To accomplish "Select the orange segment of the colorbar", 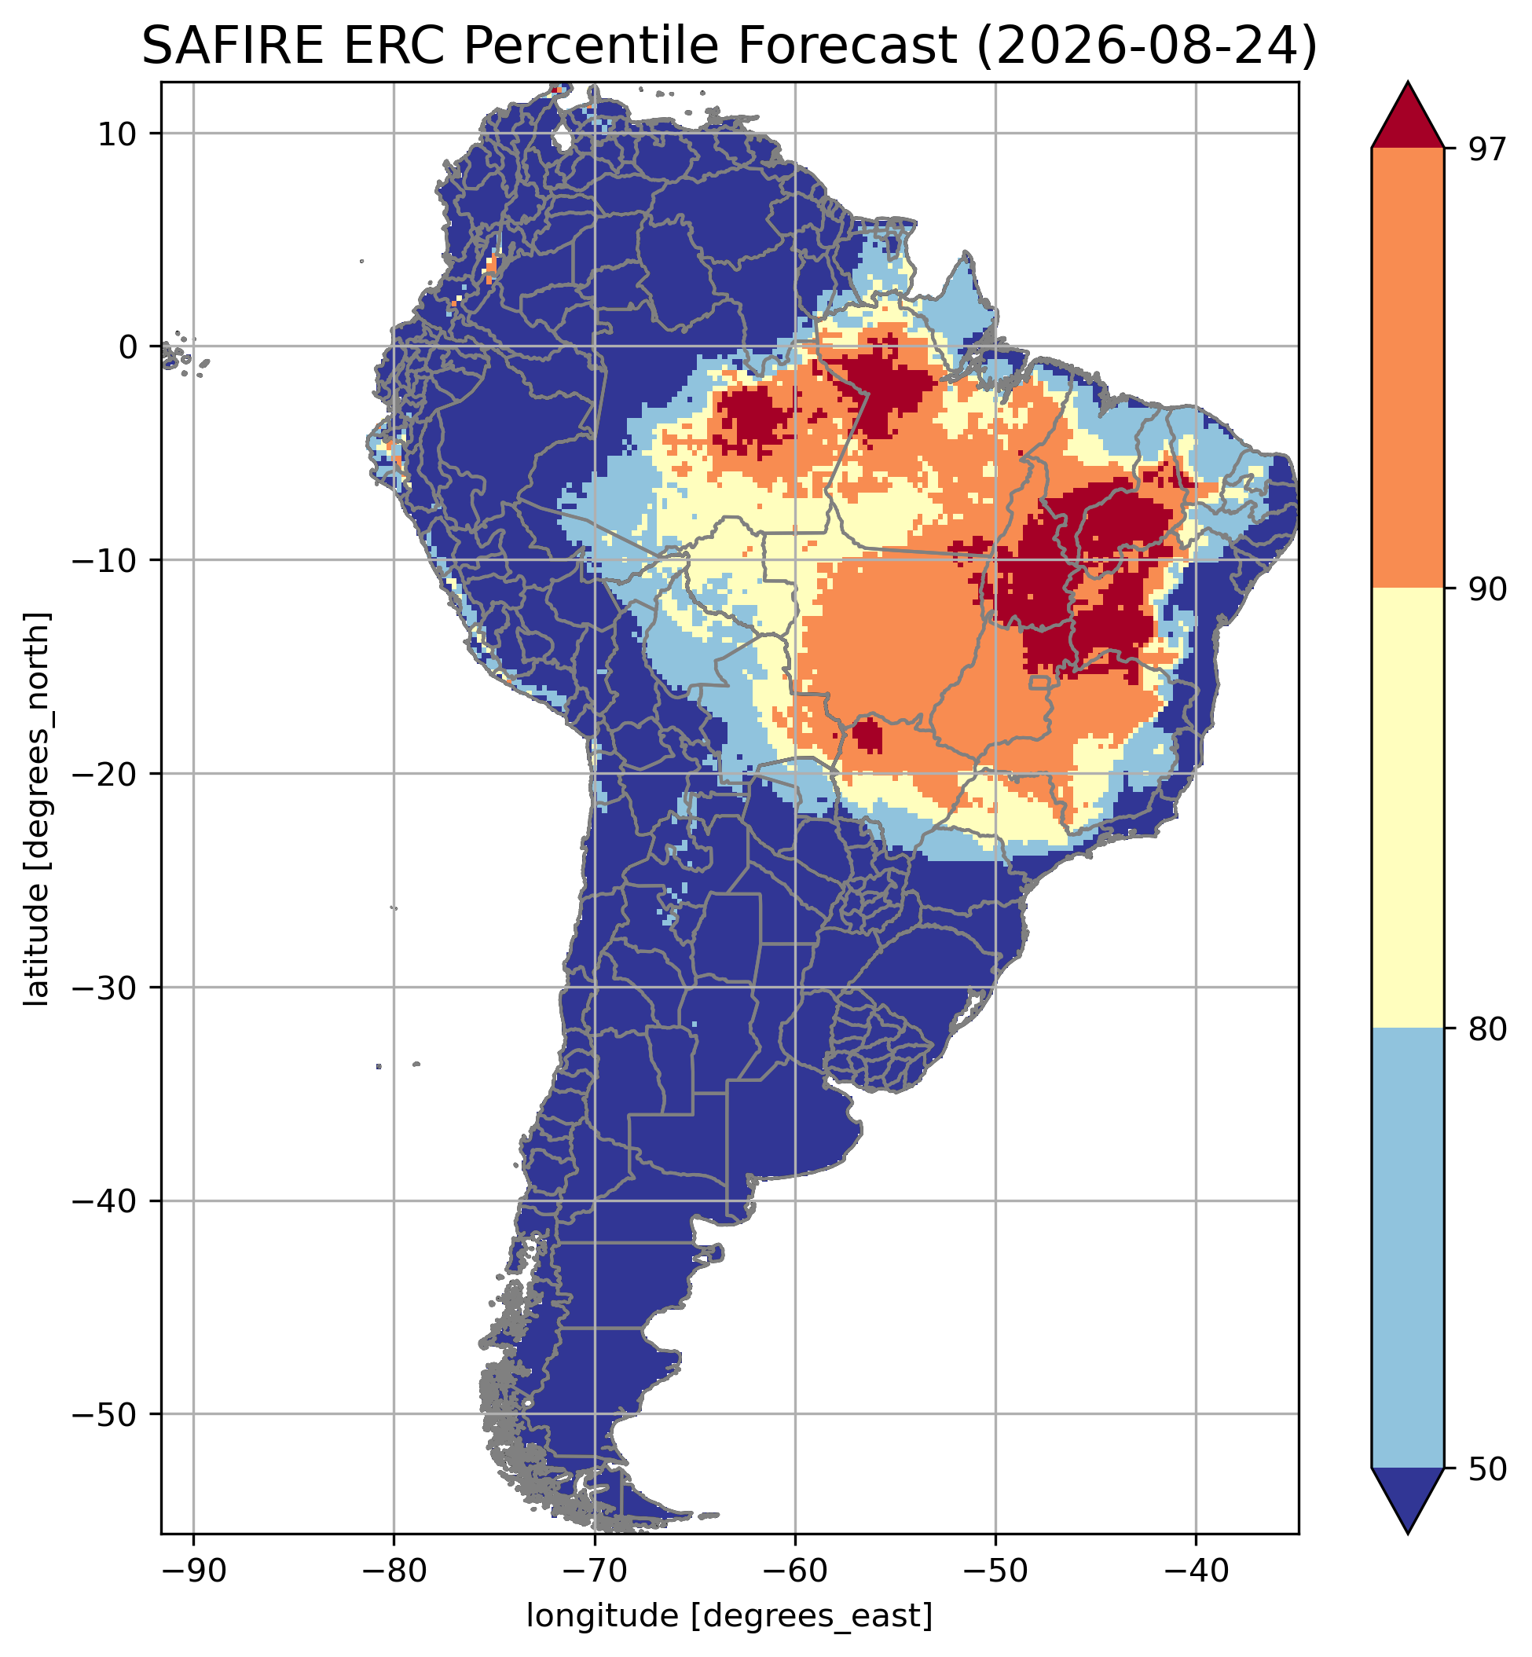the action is (1408, 368).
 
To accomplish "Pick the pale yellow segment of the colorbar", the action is (1408, 808).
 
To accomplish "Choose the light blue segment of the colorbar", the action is (1408, 1248).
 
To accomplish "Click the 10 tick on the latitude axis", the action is (116, 134).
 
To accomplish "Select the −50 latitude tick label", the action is (105, 1414).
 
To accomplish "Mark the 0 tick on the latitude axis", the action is (126, 346).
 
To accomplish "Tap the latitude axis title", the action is (37, 809).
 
